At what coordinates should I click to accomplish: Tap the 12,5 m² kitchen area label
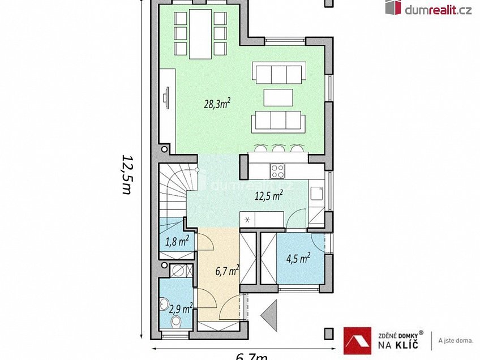point(269,196)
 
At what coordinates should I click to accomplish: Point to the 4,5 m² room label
point(298,259)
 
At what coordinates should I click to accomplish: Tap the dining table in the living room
point(199,33)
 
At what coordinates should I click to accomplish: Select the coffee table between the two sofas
point(278,97)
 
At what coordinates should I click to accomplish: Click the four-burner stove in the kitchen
point(277,170)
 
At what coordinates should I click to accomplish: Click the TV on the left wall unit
point(166,98)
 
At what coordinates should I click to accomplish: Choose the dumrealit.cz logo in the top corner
point(428,8)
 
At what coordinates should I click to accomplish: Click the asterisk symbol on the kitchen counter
point(247,218)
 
